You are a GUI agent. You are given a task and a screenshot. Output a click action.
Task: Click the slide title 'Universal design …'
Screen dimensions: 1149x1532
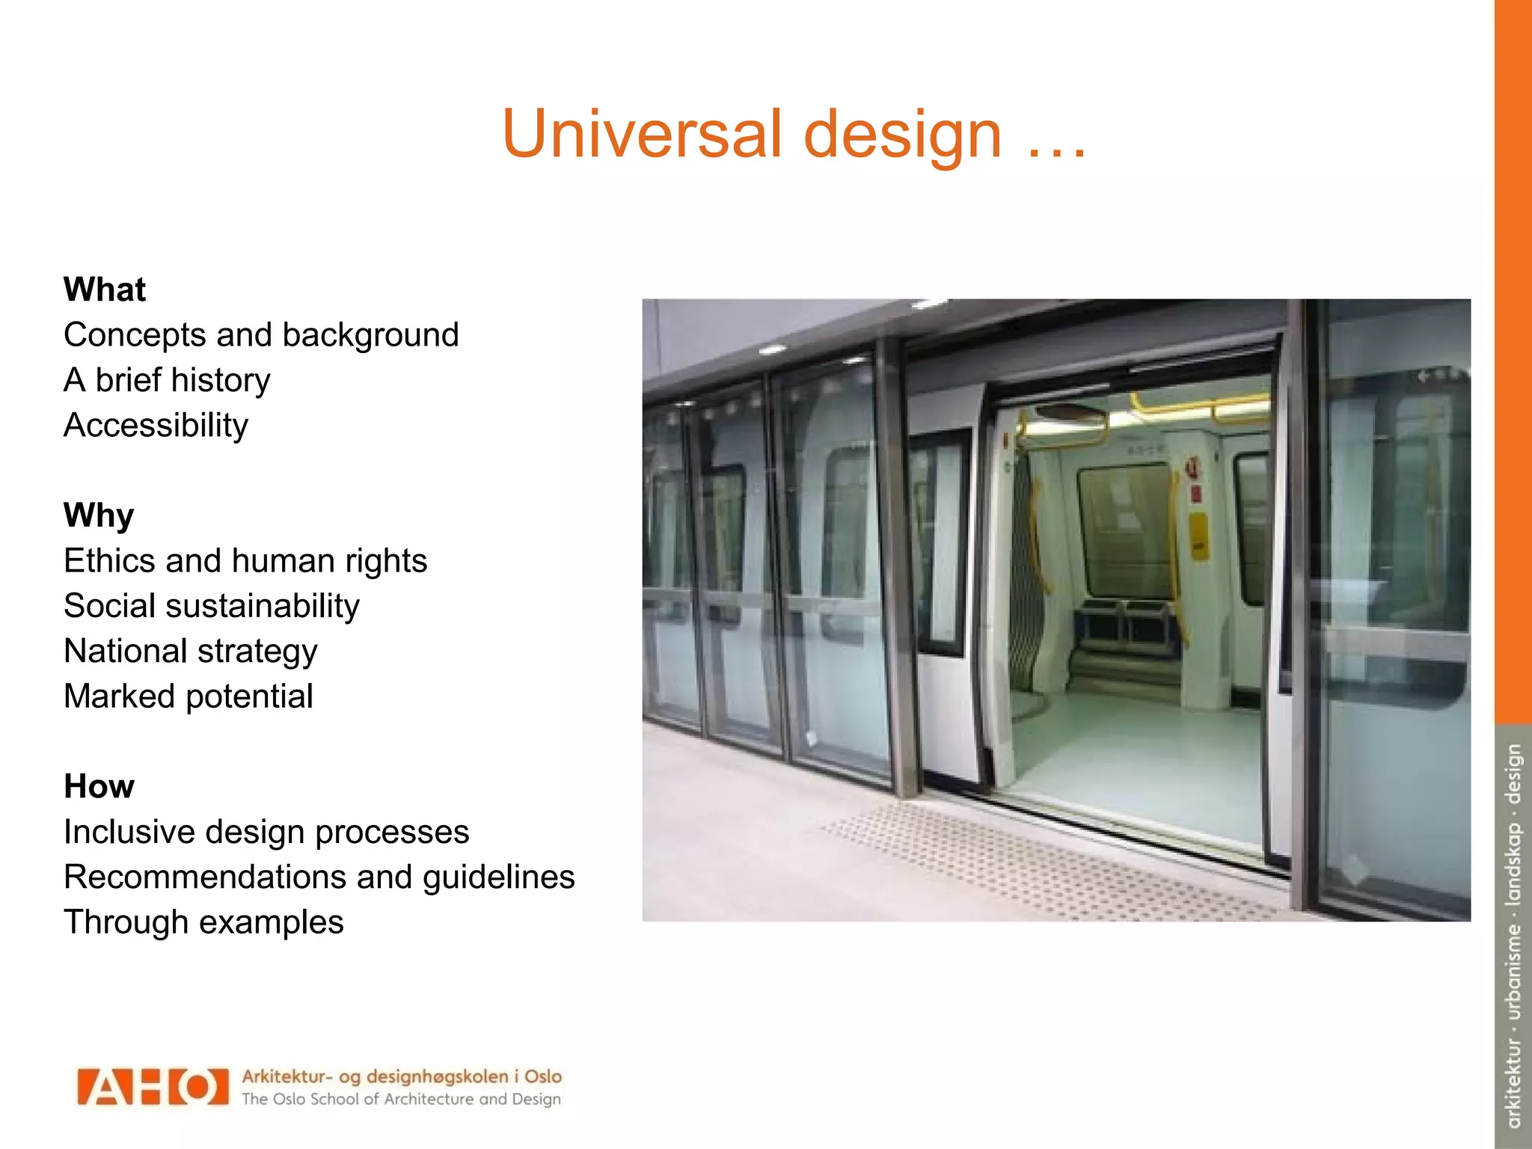click(794, 135)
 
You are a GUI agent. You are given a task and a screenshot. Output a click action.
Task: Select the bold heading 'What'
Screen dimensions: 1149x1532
click(105, 289)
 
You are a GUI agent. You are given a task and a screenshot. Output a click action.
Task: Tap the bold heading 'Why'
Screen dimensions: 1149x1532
click(99, 515)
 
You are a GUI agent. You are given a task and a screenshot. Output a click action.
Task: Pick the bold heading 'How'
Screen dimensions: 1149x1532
click(99, 786)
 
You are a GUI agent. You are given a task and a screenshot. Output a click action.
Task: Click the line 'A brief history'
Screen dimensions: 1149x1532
click(167, 380)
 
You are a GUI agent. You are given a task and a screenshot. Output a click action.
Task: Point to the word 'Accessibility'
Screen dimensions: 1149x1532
click(156, 426)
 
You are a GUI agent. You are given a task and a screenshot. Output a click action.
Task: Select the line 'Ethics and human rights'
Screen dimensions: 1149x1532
click(245, 561)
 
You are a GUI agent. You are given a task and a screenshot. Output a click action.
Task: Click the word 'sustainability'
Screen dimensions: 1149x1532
click(263, 607)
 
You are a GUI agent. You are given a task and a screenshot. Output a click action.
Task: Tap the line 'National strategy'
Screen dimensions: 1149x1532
click(191, 652)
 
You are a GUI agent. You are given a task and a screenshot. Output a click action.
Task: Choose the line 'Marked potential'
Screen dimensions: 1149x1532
click(189, 696)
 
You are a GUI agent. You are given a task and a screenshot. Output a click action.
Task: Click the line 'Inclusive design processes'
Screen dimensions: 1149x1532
click(266, 832)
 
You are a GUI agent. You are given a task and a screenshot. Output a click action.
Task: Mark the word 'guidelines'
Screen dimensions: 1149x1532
click(499, 877)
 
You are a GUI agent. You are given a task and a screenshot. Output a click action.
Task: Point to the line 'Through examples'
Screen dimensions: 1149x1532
click(203, 922)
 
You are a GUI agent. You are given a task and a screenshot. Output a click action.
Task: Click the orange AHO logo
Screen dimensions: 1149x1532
click(153, 1087)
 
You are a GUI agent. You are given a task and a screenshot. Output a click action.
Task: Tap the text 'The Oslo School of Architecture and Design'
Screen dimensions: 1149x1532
click(401, 1099)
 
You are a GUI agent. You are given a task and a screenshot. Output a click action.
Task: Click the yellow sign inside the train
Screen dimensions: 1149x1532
click(1198, 536)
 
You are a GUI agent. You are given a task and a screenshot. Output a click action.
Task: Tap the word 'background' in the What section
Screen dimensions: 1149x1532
click(370, 335)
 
